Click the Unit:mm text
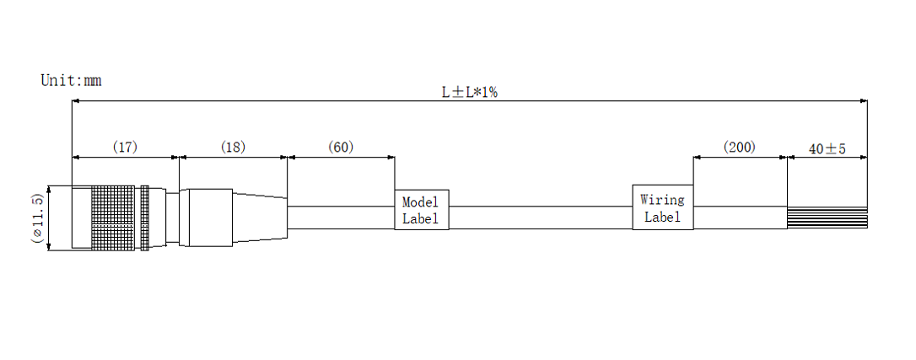point(71,81)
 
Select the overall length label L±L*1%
point(469,93)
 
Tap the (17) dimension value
point(125,148)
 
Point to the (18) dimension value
point(233,148)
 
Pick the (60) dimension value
point(340,148)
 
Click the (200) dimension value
point(739,148)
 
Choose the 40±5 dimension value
point(827,149)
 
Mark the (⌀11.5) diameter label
point(37,218)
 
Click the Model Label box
point(421,210)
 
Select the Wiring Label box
point(662,207)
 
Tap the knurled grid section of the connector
point(113,217)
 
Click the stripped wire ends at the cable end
point(827,218)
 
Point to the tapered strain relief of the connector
point(260,218)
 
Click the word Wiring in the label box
point(662,201)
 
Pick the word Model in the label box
point(420,203)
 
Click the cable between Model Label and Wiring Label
point(540,218)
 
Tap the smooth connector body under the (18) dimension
point(207,218)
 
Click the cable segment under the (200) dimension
point(740,218)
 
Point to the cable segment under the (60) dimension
point(341,218)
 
